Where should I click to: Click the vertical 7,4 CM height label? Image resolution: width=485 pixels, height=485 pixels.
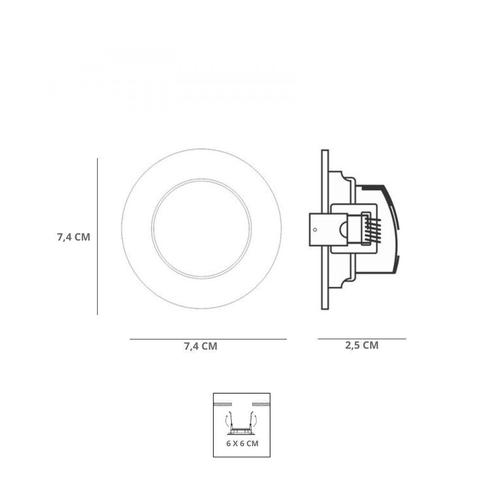click(74, 237)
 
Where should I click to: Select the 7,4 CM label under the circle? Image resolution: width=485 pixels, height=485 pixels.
click(200, 346)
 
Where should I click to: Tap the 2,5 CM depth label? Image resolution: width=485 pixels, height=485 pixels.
click(362, 345)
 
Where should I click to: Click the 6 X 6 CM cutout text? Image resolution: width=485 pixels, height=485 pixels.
click(242, 443)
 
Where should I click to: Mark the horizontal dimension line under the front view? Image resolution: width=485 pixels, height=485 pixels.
click(208, 339)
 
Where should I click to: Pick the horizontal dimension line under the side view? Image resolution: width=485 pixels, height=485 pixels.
click(362, 339)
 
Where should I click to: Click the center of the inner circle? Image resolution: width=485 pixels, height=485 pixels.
click(201, 229)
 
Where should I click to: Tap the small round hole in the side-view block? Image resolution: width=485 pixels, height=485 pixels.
click(315, 229)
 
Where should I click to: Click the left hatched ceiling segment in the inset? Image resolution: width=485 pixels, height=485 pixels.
click(223, 404)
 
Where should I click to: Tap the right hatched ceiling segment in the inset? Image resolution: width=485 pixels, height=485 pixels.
click(260, 404)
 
